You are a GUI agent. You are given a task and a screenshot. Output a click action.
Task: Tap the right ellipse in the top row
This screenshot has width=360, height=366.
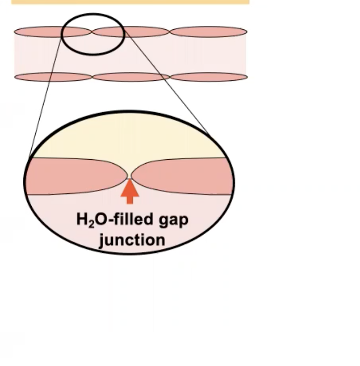pos(208,32)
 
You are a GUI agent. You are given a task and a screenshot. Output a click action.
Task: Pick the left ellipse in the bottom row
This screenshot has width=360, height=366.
pos(53,77)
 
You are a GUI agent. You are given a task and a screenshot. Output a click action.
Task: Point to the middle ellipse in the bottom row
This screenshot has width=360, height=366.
pos(131,77)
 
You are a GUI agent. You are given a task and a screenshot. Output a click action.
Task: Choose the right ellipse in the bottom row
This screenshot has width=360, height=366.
pos(208,77)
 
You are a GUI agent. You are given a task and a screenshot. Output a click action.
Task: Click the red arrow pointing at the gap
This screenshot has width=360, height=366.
pos(130,192)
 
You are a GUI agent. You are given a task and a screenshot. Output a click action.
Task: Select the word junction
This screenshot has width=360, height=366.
pos(132,240)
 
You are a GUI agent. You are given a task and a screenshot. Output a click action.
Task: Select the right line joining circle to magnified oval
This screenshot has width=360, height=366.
pos(169,84)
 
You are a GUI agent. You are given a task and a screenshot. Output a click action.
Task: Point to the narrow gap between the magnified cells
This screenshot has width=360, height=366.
pos(130,175)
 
